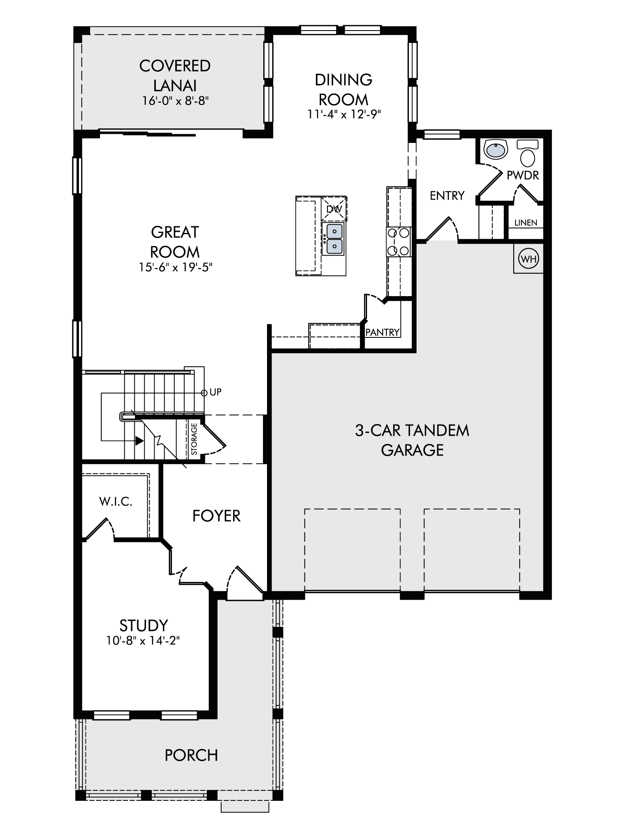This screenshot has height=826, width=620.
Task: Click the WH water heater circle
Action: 529,259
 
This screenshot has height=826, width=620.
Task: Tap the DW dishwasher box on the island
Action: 334,209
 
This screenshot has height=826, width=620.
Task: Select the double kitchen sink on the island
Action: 334,239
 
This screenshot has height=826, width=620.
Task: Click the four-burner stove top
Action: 399,242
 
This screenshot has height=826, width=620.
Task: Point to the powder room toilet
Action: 527,152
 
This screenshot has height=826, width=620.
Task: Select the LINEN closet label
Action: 526,223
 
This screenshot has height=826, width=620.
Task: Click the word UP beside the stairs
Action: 216,392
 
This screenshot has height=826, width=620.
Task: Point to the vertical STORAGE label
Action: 194,439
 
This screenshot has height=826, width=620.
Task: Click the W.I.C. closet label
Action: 116,501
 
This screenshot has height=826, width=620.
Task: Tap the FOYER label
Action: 217,516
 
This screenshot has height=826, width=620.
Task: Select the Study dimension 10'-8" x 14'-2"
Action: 143,641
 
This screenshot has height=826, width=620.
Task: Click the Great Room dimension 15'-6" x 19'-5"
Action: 175,267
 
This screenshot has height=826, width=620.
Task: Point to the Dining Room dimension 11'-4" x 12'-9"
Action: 343,114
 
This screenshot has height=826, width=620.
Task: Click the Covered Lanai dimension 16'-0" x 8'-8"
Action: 175,101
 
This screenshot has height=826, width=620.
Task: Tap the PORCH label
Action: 191,755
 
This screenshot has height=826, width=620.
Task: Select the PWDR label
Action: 523,176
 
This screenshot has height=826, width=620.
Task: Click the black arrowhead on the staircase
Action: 139,441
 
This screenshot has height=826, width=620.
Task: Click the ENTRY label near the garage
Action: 447,196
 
